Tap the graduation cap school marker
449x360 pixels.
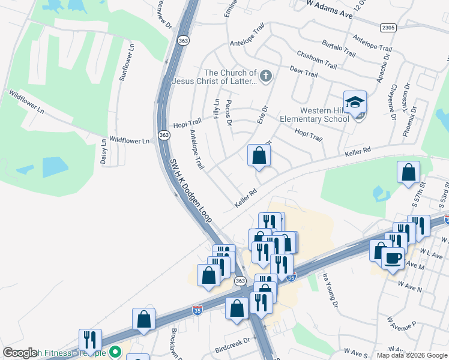click(355, 101)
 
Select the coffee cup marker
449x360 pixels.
click(393, 258)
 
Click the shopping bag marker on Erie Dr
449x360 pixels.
click(259, 155)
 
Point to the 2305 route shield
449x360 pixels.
click(388, 28)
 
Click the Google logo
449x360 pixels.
click(20, 353)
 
